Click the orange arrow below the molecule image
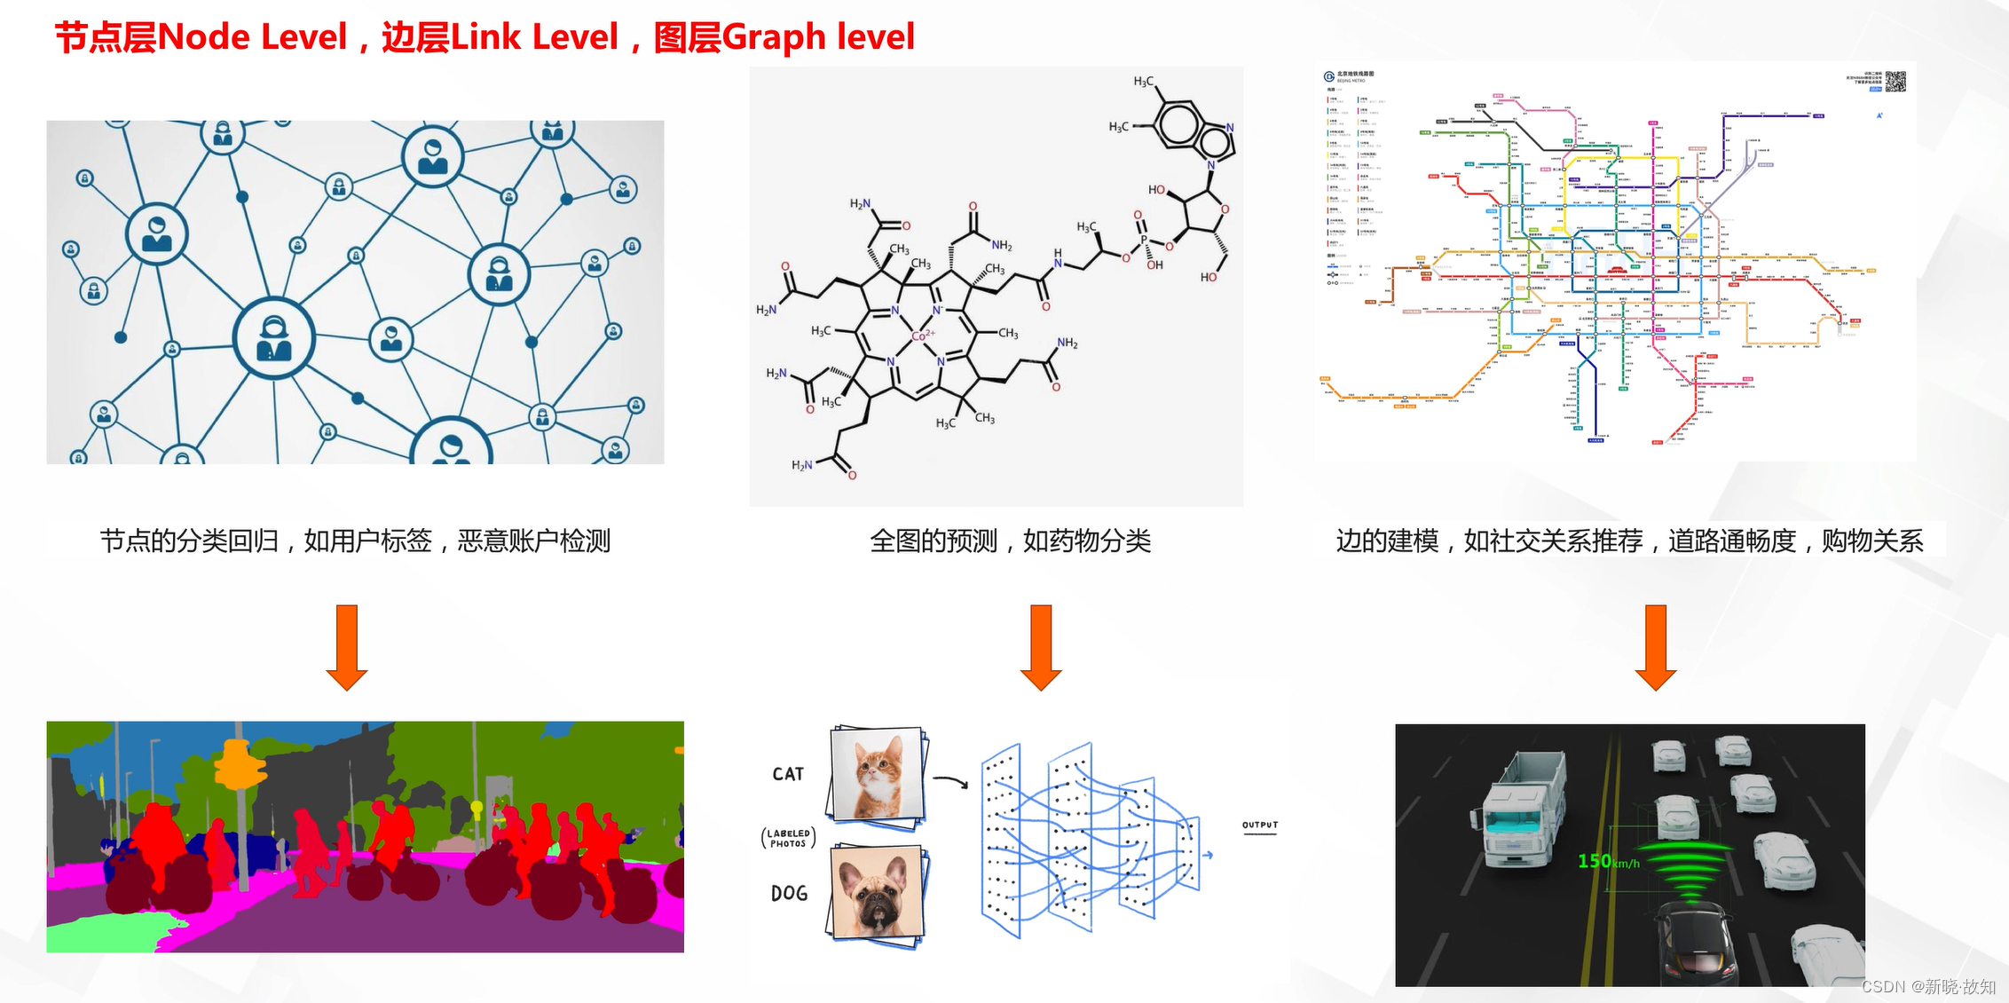(x=1041, y=647)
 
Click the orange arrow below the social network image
(x=347, y=647)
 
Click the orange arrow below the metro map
(x=1655, y=647)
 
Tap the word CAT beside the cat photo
(x=788, y=774)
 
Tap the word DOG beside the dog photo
(x=789, y=893)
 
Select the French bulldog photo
(x=877, y=893)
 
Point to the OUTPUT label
(x=1259, y=825)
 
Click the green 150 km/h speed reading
(x=1607, y=861)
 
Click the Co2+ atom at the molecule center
(x=922, y=336)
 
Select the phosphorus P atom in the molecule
(x=1144, y=240)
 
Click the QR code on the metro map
(x=1895, y=82)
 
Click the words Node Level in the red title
(x=251, y=37)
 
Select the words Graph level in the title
(x=817, y=37)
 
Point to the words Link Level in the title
(x=533, y=37)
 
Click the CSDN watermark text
(x=1927, y=986)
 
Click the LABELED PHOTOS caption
(x=788, y=838)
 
